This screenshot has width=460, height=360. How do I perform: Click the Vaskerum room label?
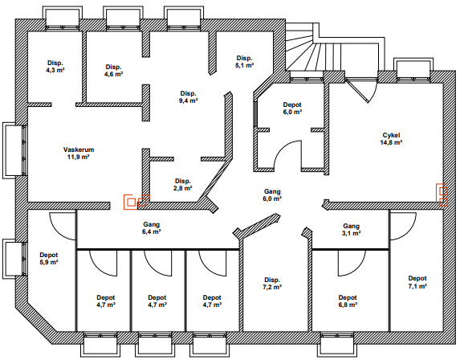pos(79,149)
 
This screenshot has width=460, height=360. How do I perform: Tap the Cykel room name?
pos(391,135)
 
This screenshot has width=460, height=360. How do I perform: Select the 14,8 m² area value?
pos(391,143)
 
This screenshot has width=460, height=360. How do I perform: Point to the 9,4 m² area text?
pos(189,100)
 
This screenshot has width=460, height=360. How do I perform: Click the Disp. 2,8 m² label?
pos(183,184)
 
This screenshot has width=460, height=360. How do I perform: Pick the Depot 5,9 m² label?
pos(49,259)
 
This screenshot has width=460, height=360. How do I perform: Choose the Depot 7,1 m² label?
pos(417,282)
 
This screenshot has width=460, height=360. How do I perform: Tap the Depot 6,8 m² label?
pos(348,301)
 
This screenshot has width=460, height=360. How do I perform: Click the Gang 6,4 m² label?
pos(152,228)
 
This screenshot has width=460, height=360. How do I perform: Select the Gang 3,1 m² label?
pos(351,230)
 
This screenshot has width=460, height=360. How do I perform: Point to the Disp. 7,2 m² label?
pos(272,284)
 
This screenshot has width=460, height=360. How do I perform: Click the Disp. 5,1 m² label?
pos(245,62)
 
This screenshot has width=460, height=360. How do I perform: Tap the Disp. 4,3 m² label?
pos(55,67)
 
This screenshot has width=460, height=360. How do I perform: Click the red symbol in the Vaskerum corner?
pos(136,202)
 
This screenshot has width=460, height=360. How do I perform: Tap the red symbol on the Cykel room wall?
pos(442,195)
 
